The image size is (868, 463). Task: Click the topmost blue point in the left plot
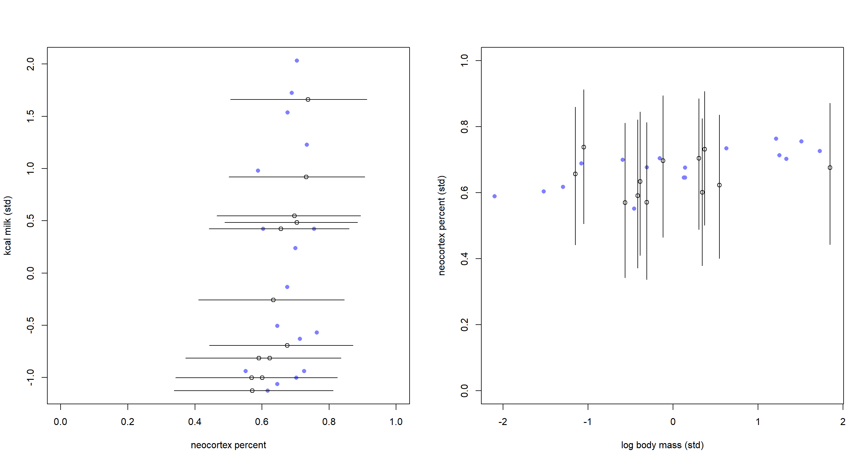click(x=297, y=61)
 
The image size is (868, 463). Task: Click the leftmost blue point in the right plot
click(x=494, y=196)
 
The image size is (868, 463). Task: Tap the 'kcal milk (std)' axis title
click(x=8, y=225)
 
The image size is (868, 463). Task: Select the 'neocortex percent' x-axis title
click(x=228, y=445)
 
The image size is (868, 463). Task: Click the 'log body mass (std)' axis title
click(x=662, y=445)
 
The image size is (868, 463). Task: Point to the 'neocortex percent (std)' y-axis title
click(x=442, y=225)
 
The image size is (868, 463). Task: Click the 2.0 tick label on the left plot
click(x=30, y=64)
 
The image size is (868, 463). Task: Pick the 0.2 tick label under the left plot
click(x=127, y=421)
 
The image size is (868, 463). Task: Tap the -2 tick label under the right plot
click(x=502, y=421)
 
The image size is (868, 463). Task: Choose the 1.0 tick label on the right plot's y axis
click(x=464, y=61)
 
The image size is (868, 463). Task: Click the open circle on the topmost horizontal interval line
click(x=308, y=99)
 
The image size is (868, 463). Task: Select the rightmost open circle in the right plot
click(x=830, y=168)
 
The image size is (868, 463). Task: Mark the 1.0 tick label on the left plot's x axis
click(x=396, y=421)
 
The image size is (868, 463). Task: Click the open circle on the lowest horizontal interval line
click(x=252, y=391)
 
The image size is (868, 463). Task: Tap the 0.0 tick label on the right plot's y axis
click(x=464, y=391)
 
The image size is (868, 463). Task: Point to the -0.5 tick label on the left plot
click(x=30, y=325)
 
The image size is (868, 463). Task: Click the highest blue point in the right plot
click(x=776, y=138)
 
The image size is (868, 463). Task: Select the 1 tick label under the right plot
click(x=758, y=421)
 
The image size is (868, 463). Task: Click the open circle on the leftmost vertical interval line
click(x=575, y=174)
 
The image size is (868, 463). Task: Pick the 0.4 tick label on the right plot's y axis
click(x=464, y=259)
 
